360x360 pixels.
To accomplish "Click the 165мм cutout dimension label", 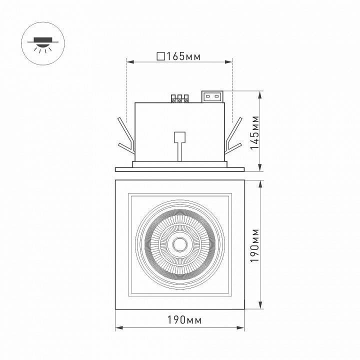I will (x=182, y=56).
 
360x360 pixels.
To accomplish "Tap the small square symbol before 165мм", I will (x=160, y=56).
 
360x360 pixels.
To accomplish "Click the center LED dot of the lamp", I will (x=179, y=244).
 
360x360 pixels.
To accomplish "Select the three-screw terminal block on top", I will (x=180, y=98).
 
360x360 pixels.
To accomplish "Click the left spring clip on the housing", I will (x=125, y=136).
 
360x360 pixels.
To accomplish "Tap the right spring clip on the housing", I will (x=234, y=136).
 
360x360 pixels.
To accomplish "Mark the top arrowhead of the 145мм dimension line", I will (x=260, y=93).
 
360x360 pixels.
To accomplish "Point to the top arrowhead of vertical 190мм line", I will (x=260, y=183).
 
